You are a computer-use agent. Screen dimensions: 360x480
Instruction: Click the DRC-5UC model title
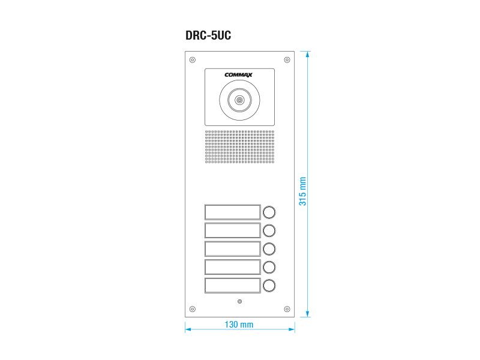[208, 35]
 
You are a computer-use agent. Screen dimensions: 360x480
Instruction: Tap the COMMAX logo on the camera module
[239, 75]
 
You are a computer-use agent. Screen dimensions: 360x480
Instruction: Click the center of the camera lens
[239, 101]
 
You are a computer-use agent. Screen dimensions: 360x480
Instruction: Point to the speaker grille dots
[239, 147]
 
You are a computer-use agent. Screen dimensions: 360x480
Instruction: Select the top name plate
[232, 212]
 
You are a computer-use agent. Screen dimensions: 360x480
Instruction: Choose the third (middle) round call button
[269, 248]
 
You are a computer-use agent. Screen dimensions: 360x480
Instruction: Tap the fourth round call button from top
[269, 267]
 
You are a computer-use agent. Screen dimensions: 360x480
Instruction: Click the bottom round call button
[269, 286]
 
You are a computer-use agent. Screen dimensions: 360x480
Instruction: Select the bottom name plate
[232, 286]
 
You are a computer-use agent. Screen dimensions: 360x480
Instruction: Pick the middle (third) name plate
[232, 248]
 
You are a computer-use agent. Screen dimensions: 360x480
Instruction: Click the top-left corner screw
[193, 59]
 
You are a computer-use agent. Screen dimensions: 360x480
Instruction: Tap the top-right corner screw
[287, 59]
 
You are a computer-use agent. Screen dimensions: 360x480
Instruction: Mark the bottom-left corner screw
[193, 309]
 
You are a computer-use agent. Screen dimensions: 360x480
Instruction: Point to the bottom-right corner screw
[287, 309]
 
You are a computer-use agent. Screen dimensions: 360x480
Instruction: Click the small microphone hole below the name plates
[239, 301]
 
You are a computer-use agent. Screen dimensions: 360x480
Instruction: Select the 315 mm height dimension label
[302, 191]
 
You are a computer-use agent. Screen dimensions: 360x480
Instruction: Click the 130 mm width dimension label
[239, 325]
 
